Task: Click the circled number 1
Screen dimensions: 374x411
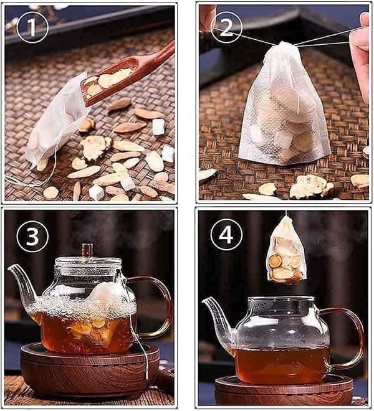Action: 32,27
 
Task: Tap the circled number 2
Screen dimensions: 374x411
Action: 226,27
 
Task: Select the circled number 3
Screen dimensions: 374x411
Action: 32,237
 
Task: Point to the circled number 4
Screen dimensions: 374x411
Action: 226,234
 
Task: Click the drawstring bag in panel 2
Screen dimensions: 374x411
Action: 283,105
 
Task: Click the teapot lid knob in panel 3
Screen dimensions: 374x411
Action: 87,250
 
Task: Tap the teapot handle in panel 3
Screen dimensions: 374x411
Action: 152,307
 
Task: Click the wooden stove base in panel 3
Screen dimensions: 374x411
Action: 90,367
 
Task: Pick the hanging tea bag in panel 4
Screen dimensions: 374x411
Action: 287,251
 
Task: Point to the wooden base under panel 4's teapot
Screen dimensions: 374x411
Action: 284,390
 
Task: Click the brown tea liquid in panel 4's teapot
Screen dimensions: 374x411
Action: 282,365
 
